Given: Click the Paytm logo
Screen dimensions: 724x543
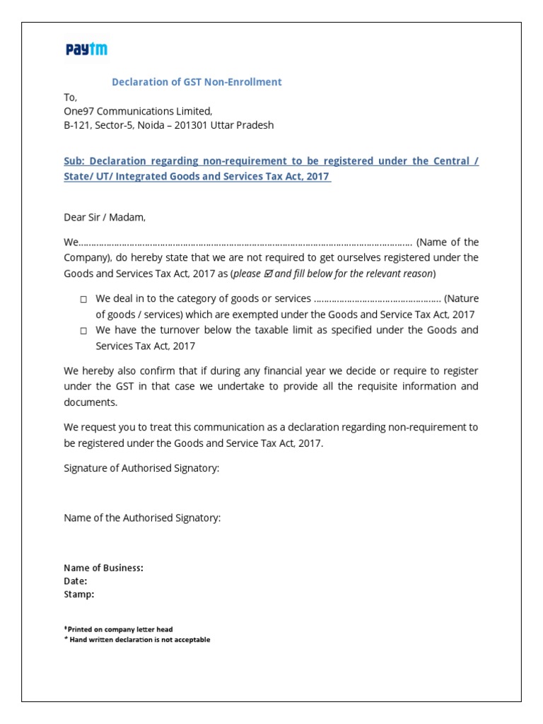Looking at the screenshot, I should [86, 49].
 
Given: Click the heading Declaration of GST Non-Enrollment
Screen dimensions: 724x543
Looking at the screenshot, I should [197, 82].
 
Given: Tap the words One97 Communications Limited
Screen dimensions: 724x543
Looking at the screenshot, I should [138, 111].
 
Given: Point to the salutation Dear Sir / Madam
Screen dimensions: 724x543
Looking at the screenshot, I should [105, 217].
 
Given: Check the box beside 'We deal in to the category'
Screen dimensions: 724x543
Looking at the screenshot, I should [83, 300].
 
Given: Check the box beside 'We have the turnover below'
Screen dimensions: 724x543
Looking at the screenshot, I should [83, 331].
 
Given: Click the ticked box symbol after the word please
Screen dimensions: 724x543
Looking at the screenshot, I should [268, 274].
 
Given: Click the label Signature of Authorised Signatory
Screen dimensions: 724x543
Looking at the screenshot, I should [141, 468].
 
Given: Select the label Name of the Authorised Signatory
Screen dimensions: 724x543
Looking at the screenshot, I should [142, 518].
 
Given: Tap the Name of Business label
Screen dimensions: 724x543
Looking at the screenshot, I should [103, 568].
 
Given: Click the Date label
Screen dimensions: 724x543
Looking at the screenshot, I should [76, 581].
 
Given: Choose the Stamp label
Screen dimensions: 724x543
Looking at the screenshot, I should [79, 595].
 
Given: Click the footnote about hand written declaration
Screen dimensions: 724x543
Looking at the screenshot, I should [138, 640].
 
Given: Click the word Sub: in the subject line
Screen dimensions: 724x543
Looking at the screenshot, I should [74, 161].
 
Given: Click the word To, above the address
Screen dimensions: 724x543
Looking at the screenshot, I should [70, 98].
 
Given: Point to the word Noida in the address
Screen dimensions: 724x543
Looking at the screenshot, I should [138, 125].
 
